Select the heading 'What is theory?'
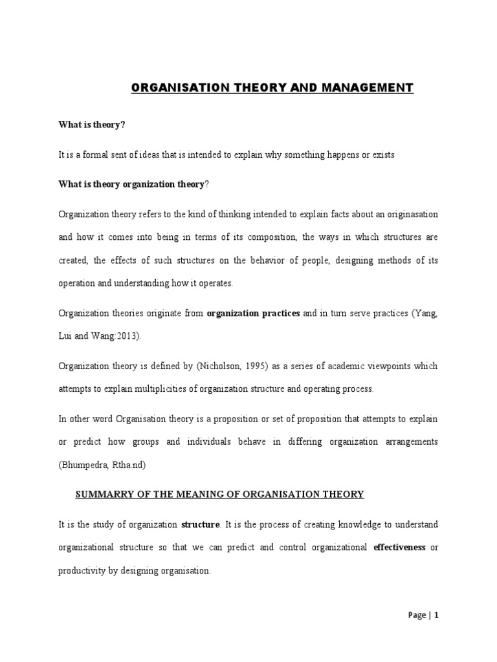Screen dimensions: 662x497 [91, 125]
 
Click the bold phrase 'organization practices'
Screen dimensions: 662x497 [253, 314]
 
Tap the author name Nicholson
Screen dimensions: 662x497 [226, 366]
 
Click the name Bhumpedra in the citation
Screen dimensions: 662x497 [80, 465]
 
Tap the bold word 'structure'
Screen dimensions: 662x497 [201, 524]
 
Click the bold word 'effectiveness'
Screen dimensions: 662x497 [399, 547]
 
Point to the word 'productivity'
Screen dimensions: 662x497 [83, 570]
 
